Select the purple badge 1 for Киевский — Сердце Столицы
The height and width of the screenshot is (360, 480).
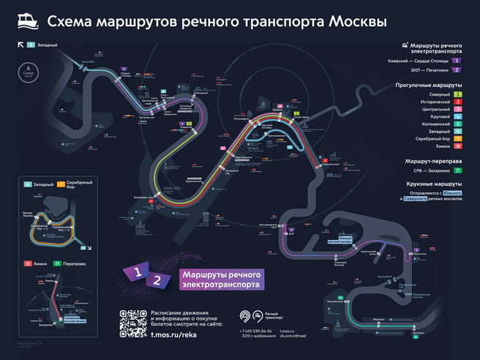pos(457,60)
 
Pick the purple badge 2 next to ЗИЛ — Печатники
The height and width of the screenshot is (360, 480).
pos(457,70)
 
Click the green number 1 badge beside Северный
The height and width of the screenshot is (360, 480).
pos(457,94)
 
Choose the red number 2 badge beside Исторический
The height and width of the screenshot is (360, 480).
pos(457,102)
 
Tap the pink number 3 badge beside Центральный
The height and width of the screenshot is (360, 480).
pos(457,110)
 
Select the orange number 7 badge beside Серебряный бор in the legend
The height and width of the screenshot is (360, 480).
pos(457,138)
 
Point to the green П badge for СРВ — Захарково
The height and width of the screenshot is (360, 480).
pos(457,170)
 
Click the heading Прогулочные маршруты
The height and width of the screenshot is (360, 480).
pos(433,85)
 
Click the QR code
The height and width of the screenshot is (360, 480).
pos(133,324)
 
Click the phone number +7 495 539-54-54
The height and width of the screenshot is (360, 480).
pos(256,331)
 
